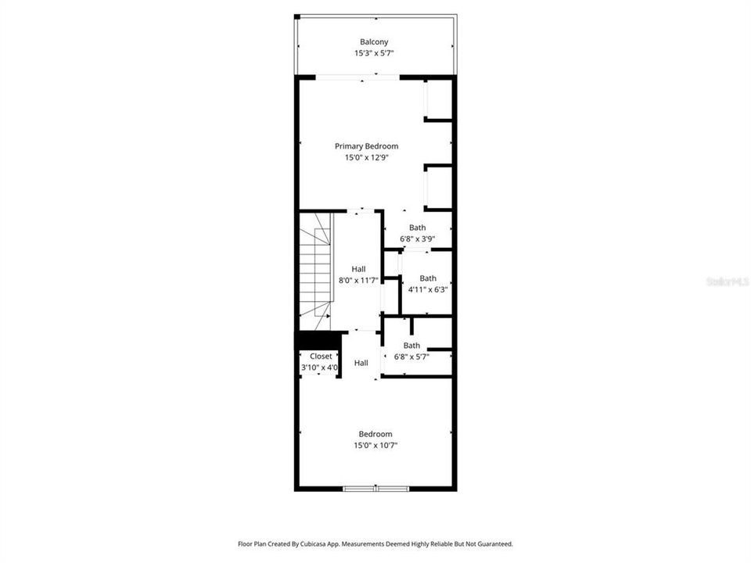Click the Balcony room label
374,42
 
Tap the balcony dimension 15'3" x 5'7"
374,54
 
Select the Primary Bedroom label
366,146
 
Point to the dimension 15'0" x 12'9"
366,157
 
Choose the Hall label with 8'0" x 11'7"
358,269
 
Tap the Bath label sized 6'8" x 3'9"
417,228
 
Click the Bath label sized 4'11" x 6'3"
428,278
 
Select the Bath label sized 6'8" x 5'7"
411,346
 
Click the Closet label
321,357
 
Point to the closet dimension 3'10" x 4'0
320,368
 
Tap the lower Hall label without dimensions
361,363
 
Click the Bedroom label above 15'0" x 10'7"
375,434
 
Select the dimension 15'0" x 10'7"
375,446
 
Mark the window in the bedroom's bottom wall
375,489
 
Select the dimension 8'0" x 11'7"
358,280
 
